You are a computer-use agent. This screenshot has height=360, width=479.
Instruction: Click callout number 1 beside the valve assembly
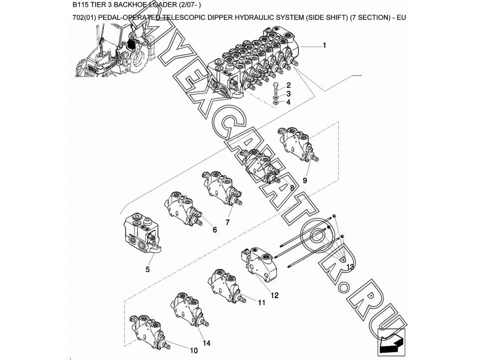point(324,45)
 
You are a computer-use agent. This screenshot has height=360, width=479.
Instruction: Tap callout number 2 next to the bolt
point(288,85)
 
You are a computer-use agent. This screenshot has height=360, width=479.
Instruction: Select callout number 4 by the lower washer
point(288,102)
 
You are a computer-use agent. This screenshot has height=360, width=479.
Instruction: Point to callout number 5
point(148,269)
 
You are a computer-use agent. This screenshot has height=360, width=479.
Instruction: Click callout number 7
point(228,222)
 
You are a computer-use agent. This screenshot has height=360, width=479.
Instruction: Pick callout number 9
point(304,180)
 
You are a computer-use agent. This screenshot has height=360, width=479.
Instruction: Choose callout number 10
point(194,350)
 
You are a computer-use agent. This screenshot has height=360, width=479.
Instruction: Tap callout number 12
point(274,295)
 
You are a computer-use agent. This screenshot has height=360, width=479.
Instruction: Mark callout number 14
point(207,343)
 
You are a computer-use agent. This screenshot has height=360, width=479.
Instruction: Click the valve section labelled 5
point(142,233)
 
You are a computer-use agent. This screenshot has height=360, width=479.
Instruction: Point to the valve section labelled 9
point(298,144)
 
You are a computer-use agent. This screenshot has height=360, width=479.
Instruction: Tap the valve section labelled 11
point(227,285)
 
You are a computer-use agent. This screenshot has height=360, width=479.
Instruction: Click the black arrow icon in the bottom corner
point(391,342)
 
